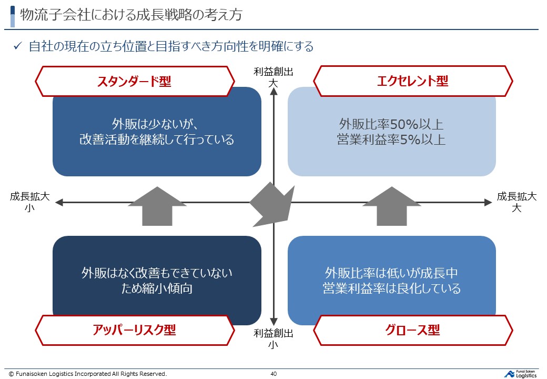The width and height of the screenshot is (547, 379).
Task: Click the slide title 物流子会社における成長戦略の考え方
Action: click(x=131, y=15)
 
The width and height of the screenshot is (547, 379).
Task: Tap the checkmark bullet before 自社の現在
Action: click(x=17, y=46)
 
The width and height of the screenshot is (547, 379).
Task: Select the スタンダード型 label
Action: click(x=134, y=81)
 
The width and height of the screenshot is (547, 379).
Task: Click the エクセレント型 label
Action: click(x=413, y=81)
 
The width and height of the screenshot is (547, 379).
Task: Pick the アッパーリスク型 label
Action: click(x=134, y=330)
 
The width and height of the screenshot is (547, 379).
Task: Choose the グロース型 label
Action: click(x=413, y=330)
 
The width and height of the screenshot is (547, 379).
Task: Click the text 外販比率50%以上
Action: click(x=391, y=125)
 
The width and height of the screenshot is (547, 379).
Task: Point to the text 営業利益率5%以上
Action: click(x=391, y=140)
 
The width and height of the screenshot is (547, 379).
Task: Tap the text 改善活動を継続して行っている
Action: click(x=157, y=140)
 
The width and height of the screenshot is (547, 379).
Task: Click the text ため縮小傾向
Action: click(x=157, y=289)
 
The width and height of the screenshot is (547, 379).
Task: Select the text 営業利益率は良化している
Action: click(x=391, y=289)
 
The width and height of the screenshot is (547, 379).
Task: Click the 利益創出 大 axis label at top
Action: click(x=273, y=77)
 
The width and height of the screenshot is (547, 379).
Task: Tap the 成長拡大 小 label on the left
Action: click(x=30, y=202)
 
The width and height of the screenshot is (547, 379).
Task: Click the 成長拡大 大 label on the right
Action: click(x=517, y=202)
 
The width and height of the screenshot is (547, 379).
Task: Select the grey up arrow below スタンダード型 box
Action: click(x=157, y=206)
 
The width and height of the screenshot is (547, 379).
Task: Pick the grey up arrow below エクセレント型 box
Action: click(x=391, y=206)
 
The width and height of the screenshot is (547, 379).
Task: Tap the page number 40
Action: click(x=273, y=374)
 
